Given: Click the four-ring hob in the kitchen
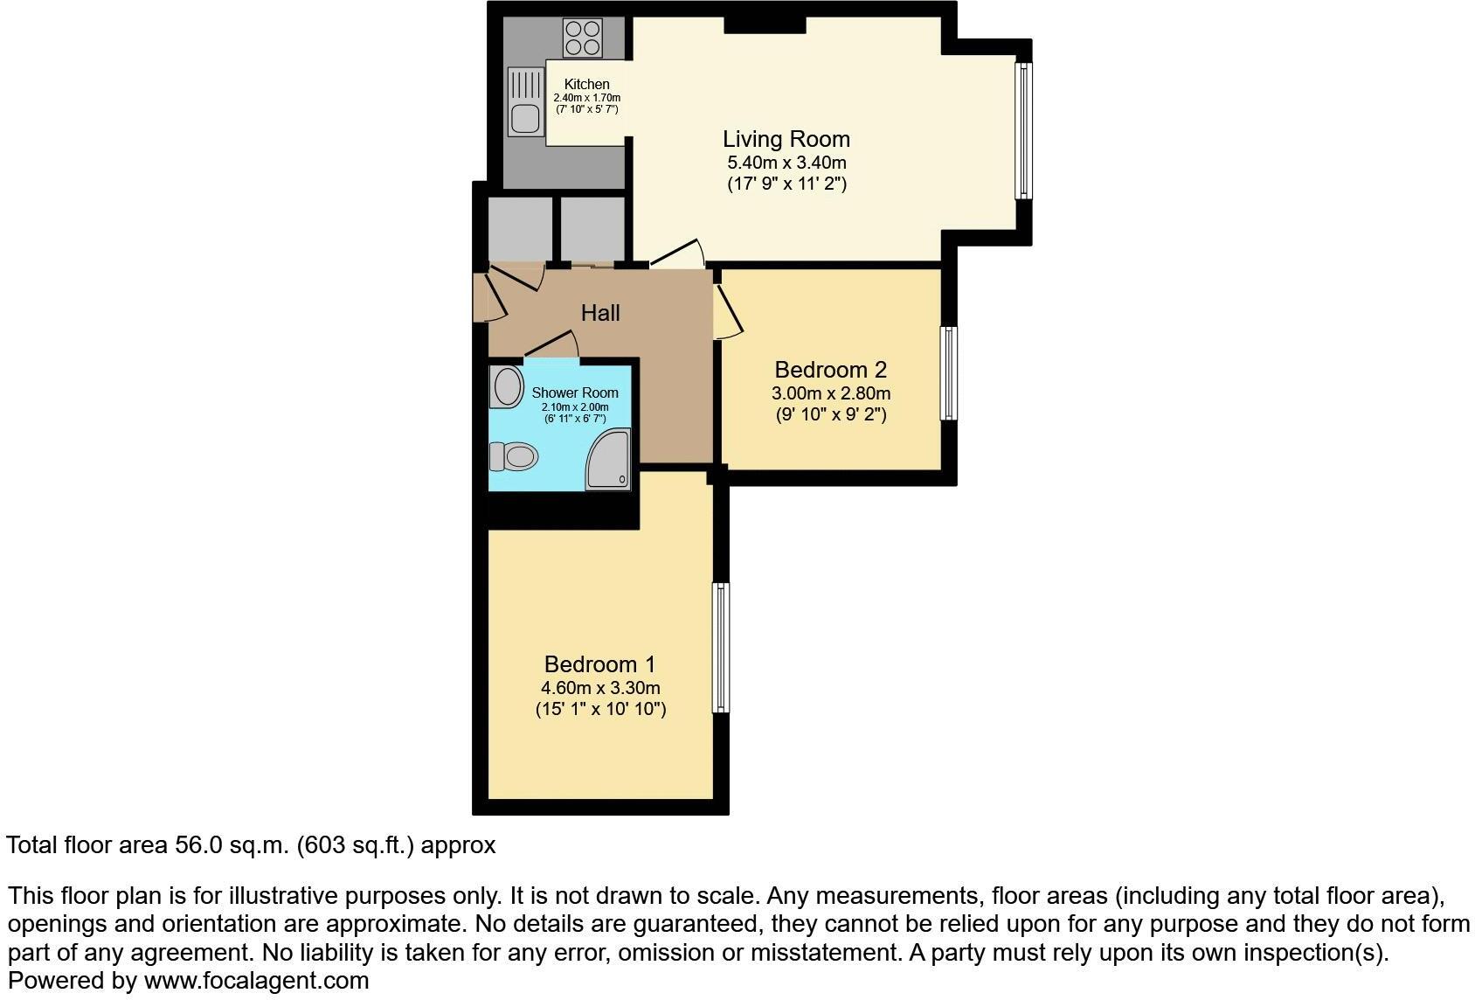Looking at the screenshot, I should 583,38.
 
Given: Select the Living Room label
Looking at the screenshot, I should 786,139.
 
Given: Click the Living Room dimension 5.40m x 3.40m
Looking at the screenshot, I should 786,163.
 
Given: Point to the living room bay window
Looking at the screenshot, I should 1022,129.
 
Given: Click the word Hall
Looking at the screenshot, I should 600,313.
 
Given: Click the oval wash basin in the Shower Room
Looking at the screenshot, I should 506,385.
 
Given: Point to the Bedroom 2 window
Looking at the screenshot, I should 948,373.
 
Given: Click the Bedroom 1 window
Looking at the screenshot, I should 721,648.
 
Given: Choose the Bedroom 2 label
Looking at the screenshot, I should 830,370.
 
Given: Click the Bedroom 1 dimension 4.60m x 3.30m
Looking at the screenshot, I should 600,688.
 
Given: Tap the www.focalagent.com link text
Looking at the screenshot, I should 256,981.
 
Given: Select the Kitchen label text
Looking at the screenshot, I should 586,85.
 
